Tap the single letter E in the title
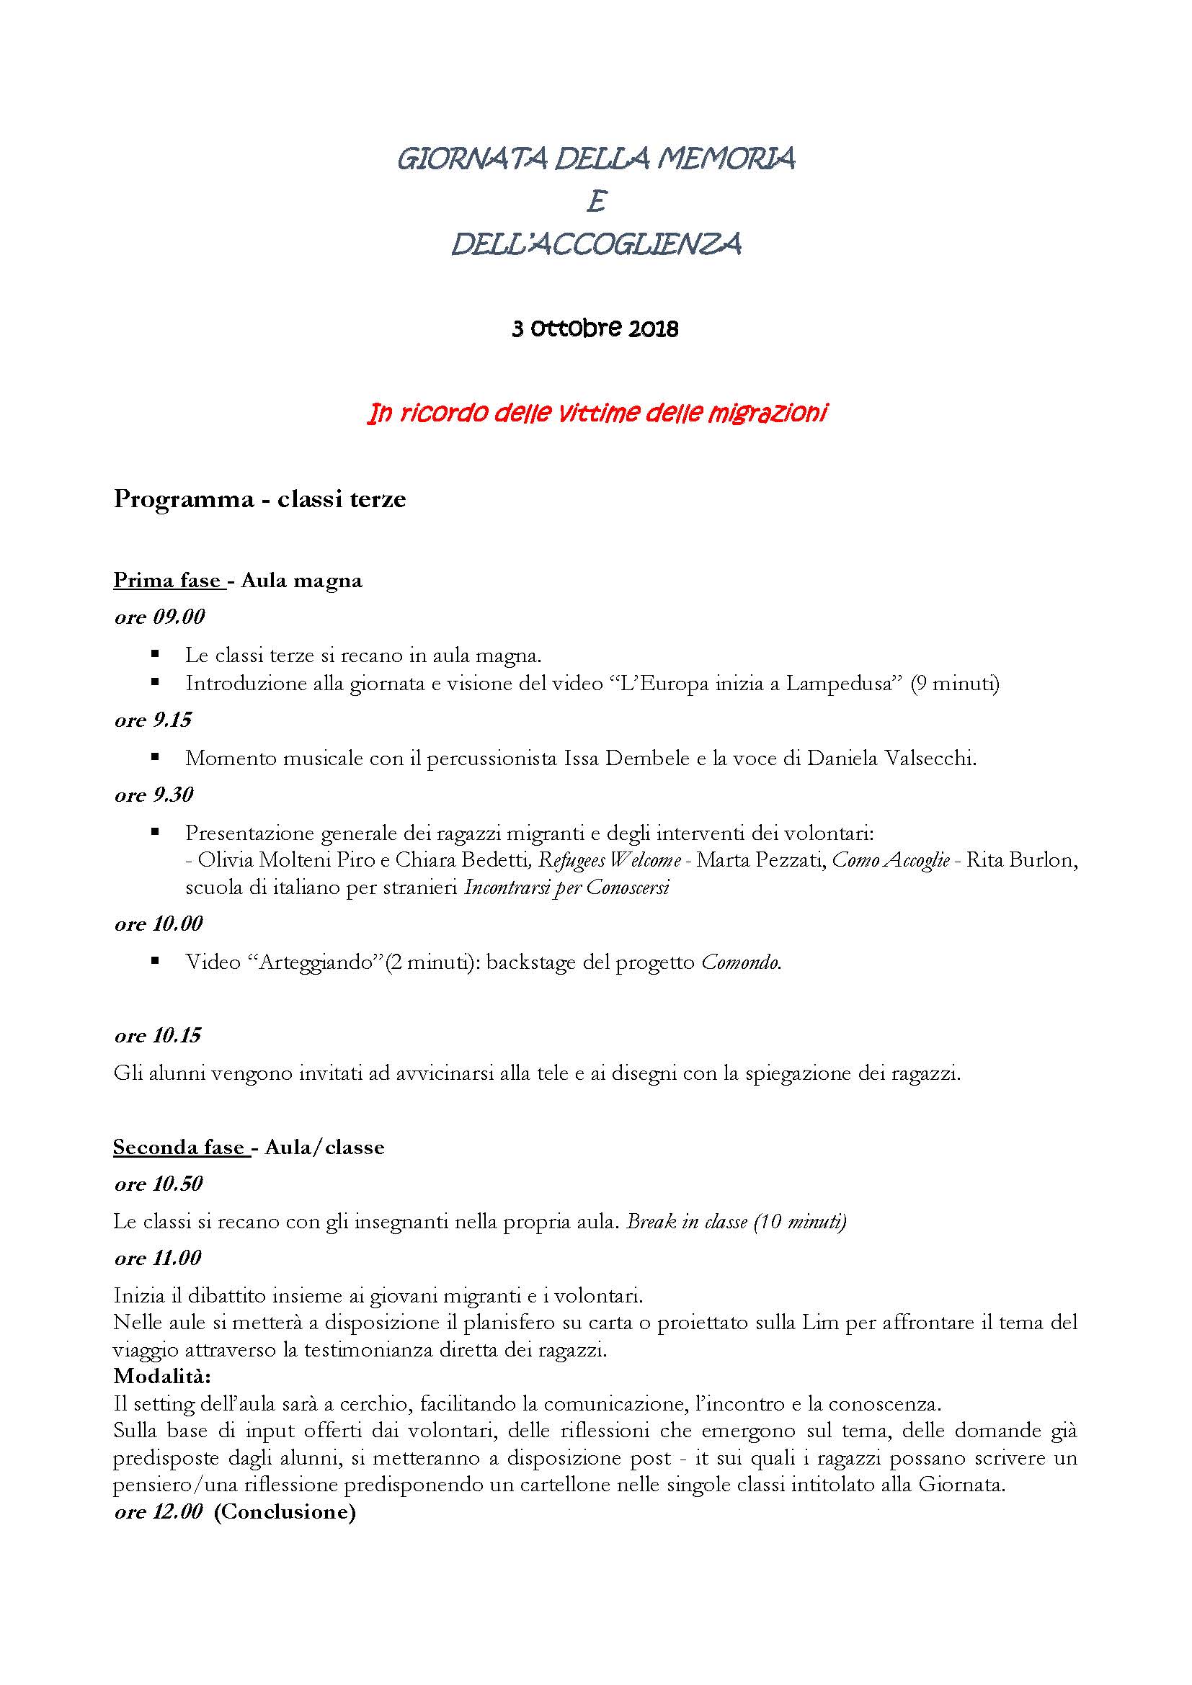click(596, 202)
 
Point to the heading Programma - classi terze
click(259, 500)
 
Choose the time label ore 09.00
click(159, 617)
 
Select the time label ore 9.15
click(153, 720)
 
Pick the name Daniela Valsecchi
click(891, 759)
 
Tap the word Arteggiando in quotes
click(318, 963)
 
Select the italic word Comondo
click(740, 963)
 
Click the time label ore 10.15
click(157, 1036)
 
